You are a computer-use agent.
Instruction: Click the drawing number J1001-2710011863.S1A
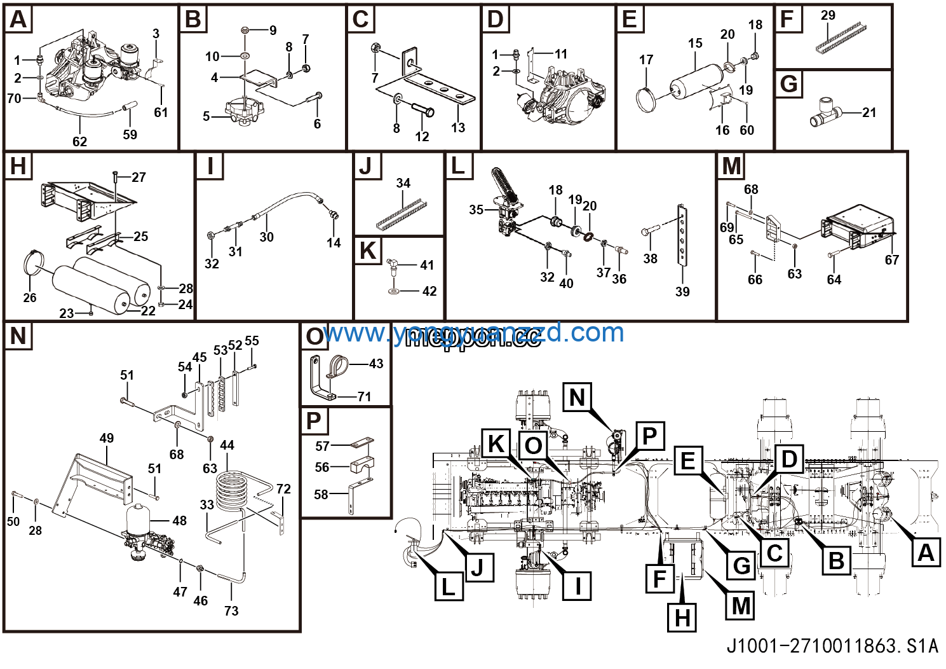832,646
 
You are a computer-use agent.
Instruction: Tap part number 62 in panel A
79,141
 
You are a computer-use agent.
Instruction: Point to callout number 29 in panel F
828,15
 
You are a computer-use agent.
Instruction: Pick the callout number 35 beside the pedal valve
476,210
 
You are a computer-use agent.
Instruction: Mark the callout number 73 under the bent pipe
231,610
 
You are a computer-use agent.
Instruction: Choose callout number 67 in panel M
891,259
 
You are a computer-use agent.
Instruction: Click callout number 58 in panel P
321,494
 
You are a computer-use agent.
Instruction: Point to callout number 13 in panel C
458,128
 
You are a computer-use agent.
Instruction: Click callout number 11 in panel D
560,54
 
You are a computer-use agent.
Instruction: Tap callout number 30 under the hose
266,237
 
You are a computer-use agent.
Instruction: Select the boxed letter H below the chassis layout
682,617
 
